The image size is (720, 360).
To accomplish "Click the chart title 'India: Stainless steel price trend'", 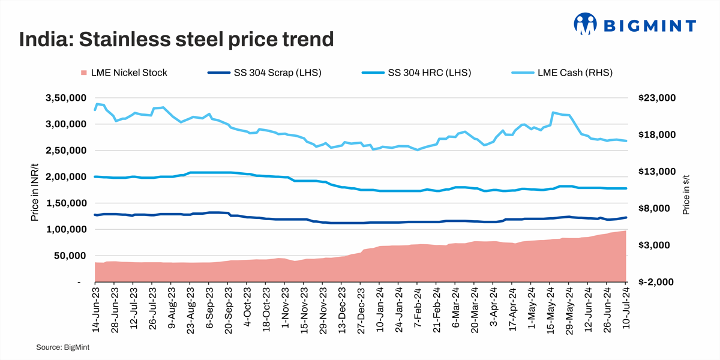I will tap(176, 40).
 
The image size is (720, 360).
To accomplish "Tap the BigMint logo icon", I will tap(586, 25).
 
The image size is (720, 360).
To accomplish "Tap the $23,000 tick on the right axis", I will tap(659, 98).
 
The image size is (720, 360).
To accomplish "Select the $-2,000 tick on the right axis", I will tap(659, 282).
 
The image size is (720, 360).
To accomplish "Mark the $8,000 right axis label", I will tap(659, 208).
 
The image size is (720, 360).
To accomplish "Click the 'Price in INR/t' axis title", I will tap(35, 190).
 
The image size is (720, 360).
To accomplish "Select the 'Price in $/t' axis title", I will tap(686, 190).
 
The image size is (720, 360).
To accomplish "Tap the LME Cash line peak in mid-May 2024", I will tap(553, 112).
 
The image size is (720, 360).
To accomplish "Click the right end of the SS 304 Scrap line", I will tap(626, 217).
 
